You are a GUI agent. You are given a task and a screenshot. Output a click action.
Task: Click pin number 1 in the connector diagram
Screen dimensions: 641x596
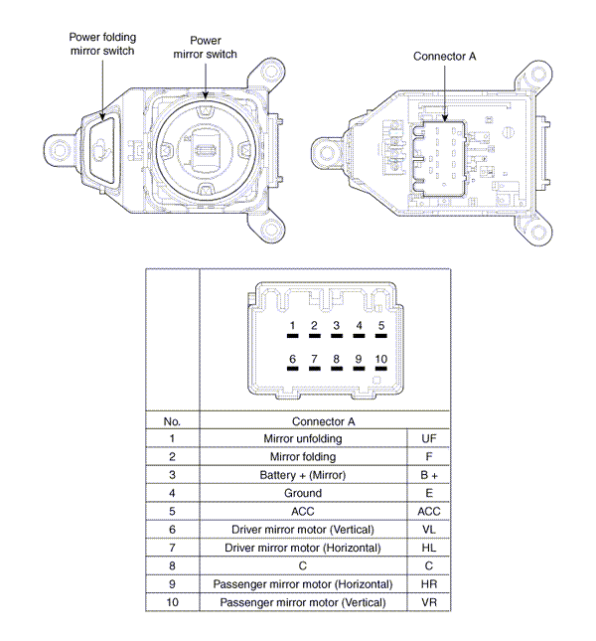(x=293, y=326)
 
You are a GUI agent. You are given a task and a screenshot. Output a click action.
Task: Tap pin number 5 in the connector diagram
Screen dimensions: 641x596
(x=381, y=326)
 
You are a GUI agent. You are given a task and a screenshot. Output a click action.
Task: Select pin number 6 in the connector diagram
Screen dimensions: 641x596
(x=293, y=359)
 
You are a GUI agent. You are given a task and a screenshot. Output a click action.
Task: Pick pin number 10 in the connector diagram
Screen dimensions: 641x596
(x=381, y=359)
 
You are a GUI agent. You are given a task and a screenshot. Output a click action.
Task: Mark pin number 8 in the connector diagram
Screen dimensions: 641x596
(x=337, y=359)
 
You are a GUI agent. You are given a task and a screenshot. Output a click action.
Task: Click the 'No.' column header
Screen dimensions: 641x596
(x=172, y=420)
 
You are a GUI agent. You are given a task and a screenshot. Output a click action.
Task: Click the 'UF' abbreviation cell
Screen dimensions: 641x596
(x=428, y=438)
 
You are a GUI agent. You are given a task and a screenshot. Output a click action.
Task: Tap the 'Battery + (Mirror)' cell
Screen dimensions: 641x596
(x=303, y=475)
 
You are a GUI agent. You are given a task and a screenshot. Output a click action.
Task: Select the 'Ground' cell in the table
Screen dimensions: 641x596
(x=303, y=493)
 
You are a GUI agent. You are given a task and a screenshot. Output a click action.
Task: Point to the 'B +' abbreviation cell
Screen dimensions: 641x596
(x=428, y=475)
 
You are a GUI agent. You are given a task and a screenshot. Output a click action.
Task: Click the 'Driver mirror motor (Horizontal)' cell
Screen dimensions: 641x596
(x=303, y=548)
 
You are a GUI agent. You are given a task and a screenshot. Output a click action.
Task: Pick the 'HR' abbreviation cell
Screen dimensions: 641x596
(x=428, y=584)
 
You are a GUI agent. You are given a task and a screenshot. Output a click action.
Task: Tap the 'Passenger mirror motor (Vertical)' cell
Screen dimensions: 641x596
(x=303, y=602)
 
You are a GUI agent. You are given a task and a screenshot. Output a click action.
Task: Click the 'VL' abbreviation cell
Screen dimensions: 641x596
(x=428, y=530)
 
